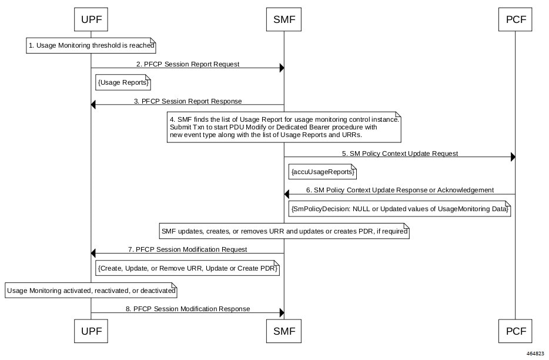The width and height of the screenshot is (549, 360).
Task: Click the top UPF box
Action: [91, 19]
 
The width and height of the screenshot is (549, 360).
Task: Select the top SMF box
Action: [284, 19]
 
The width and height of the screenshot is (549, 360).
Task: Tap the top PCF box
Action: [515, 19]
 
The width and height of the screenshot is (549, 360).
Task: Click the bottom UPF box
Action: [91, 331]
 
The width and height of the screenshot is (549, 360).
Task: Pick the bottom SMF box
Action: [284, 331]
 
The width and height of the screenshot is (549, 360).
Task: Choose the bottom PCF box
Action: [515, 331]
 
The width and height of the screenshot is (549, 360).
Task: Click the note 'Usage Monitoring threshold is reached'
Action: [91, 45]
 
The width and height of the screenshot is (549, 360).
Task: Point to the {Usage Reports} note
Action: [123, 83]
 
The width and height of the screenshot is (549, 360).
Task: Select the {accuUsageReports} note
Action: [323, 172]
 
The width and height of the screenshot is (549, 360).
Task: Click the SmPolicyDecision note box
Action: [400, 209]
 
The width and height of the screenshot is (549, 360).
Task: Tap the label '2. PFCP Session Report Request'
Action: [188, 64]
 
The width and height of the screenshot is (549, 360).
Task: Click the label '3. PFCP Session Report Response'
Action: [188, 101]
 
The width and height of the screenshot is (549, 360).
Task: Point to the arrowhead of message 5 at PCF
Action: [513, 157]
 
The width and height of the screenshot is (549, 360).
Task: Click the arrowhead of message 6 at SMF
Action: [286, 194]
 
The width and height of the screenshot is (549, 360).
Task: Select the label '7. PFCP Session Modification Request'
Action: [188, 249]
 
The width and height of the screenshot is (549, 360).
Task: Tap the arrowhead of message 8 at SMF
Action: [282, 313]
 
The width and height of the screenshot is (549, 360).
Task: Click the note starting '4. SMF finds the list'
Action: [284, 127]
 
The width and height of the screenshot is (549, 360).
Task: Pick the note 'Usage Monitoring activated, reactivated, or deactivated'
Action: [91, 291]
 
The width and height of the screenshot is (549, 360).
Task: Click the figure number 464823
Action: [535, 354]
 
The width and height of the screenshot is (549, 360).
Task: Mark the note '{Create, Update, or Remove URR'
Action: [188, 268]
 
